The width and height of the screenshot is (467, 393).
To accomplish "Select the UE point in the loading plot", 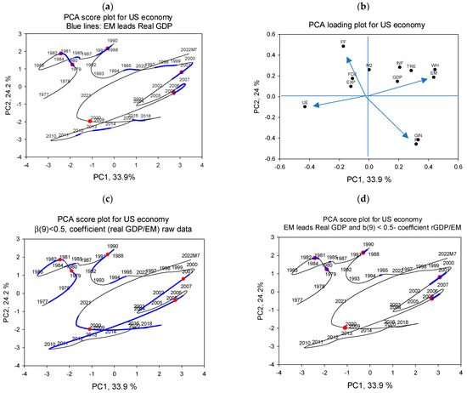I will (x=305, y=106).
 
